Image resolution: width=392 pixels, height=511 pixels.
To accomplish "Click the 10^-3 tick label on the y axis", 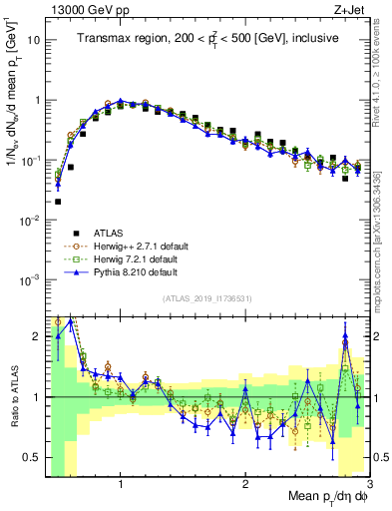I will [33, 279].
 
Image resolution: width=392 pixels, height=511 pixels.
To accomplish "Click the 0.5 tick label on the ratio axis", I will [34, 457].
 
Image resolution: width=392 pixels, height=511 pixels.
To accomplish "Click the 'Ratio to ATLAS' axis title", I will [13, 395].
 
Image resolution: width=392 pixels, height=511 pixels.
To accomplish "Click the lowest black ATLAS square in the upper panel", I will [58, 202].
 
